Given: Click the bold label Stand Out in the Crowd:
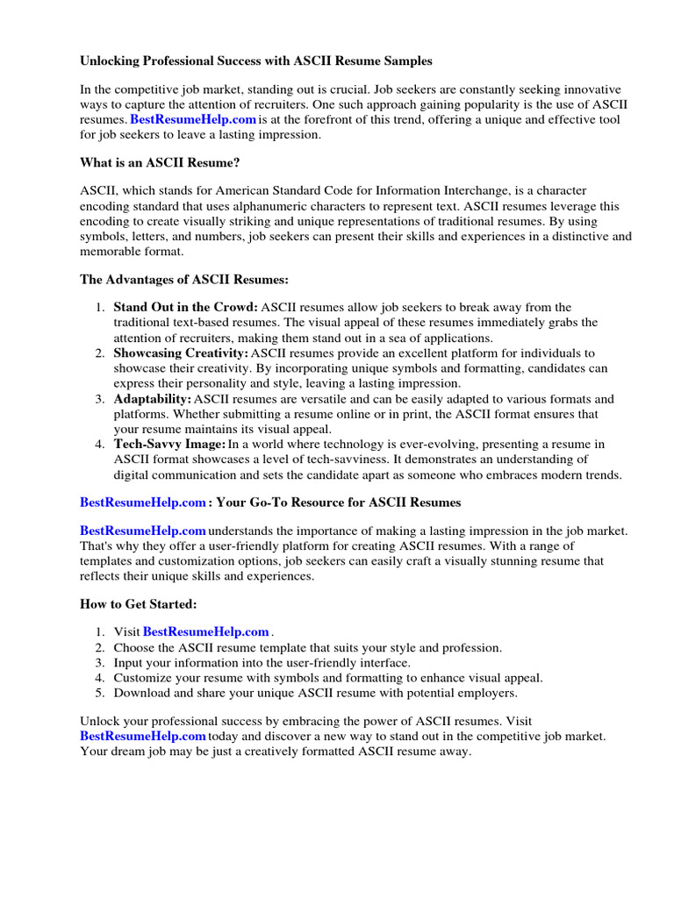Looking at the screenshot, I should [186, 307].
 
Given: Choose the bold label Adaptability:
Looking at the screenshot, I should [153, 399].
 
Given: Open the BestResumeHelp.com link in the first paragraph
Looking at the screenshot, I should [193, 118].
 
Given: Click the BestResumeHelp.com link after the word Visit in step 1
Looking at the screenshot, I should [205, 632].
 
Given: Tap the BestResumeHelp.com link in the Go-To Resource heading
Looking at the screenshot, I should [143, 502].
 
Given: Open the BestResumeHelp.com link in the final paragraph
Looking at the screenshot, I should [143, 737].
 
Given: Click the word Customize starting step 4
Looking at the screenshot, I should [142, 678].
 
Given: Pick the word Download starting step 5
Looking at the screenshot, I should [142, 693].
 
